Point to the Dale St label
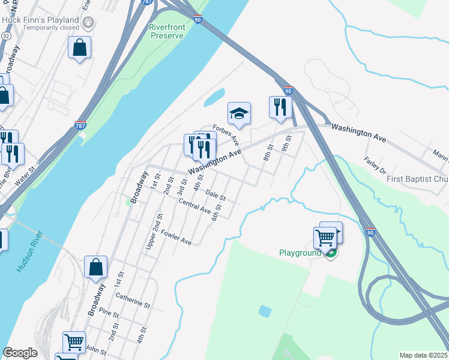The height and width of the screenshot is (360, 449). tap(215, 195)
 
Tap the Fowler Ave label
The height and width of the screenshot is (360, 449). tap(176, 238)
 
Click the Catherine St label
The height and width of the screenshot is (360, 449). tap(133, 300)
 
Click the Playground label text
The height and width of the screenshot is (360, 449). tap(300, 253)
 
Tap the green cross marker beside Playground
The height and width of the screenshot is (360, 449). tap(330, 253)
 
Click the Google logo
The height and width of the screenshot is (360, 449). tap(20, 353)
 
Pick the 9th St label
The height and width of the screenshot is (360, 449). tap(288, 144)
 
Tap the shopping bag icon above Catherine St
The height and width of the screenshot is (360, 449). tap(96, 267)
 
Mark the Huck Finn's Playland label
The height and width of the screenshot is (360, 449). tap(40, 20)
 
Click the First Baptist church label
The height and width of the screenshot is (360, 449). tap(417, 179)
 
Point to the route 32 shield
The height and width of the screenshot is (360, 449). tap(5, 35)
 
